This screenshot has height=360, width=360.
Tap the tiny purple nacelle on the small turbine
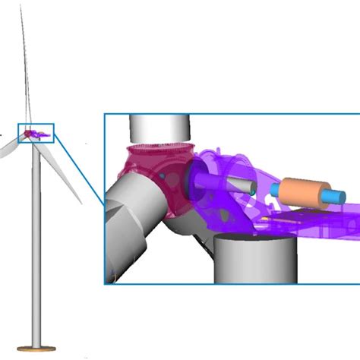tap(39, 134)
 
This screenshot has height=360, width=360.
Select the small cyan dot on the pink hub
tap(162, 176)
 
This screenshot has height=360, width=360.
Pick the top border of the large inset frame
tap(228, 115)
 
